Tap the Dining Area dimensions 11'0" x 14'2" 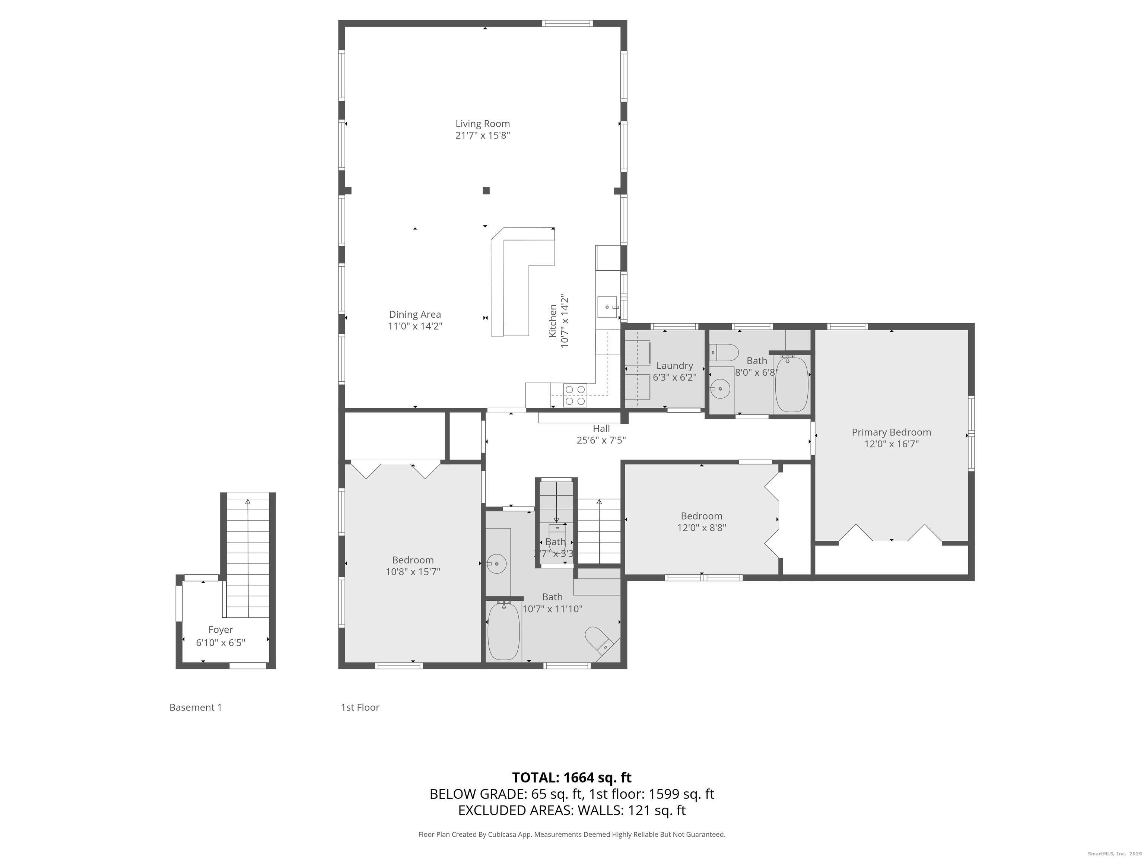pos(415,326)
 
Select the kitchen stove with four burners pos(575,395)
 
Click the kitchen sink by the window pos(608,307)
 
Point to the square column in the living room pos(486,191)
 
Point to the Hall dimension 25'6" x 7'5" pos(601,441)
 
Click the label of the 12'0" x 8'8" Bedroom pos(701,516)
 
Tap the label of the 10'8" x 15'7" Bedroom pos(412,560)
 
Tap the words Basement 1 pos(196,708)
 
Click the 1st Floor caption pos(360,708)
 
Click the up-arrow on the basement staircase pos(248,502)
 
